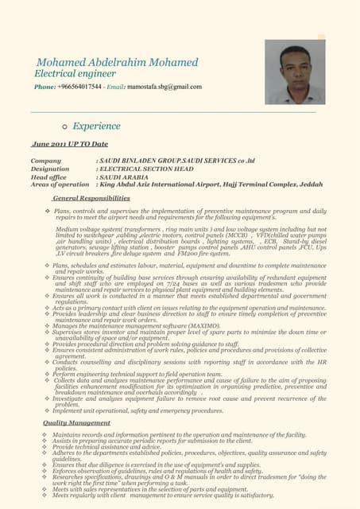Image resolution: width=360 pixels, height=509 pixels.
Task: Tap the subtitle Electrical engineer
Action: [75, 74]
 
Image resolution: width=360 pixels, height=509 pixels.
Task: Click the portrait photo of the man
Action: [295, 72]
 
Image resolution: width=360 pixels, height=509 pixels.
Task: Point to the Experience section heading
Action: [96, 126]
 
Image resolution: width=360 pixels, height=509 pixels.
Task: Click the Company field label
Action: [45, 161]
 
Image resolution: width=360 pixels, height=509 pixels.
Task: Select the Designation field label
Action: [50, 169]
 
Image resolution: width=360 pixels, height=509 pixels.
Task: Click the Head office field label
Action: [48, 177]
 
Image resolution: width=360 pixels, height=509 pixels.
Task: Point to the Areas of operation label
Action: [59, 185]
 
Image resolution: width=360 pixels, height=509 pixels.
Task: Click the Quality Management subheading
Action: [76, 422]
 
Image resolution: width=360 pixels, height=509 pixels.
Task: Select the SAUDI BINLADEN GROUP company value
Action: [146, 161]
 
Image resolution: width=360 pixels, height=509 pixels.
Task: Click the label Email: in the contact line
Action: [117, 86]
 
